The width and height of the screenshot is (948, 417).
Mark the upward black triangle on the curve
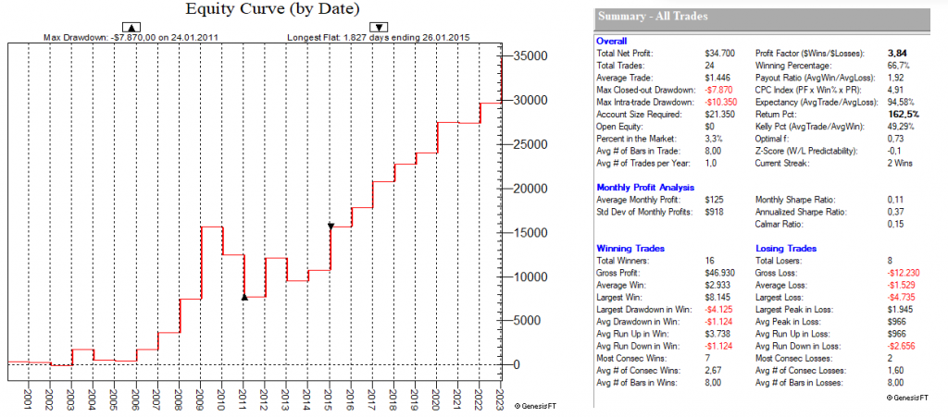click(x=244, y=297)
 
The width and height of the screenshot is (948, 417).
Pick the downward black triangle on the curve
click(x=331, y=226)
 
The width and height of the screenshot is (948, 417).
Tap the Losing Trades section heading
click(x=787, y=249)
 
